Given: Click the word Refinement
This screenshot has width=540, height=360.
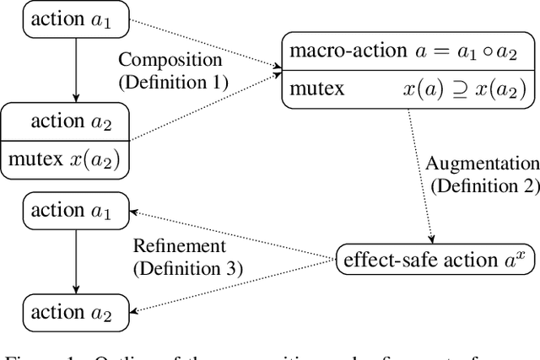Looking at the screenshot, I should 179,246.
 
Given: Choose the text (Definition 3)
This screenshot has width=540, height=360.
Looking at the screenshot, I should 186,268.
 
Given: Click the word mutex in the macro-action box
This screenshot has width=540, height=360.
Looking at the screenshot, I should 317,89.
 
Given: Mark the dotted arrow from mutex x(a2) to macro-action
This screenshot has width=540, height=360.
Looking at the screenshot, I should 208,110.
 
